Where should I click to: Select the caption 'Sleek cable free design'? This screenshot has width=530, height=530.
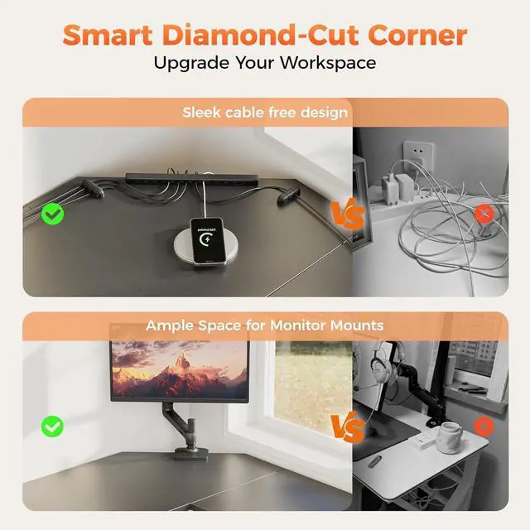tap(265, 112)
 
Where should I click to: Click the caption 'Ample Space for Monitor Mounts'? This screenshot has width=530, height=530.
tap(265, 325)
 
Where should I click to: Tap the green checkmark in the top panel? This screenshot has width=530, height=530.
tap(54, 214)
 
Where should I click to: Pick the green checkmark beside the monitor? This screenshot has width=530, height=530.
tap(54, 426)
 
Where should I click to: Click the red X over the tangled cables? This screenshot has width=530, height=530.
tap(484, 214)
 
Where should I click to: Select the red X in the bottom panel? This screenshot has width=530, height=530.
tap(484, 426)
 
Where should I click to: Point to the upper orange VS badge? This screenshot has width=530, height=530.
tap(348, 214)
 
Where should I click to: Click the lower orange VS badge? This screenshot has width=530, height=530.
tap(348, 428)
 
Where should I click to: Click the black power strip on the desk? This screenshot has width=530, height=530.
tap(192, 178)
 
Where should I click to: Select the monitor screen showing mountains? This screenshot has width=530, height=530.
tap(179, 369)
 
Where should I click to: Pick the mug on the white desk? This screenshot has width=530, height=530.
tap(450, 436)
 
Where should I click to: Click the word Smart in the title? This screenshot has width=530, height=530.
tap(104, 36)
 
